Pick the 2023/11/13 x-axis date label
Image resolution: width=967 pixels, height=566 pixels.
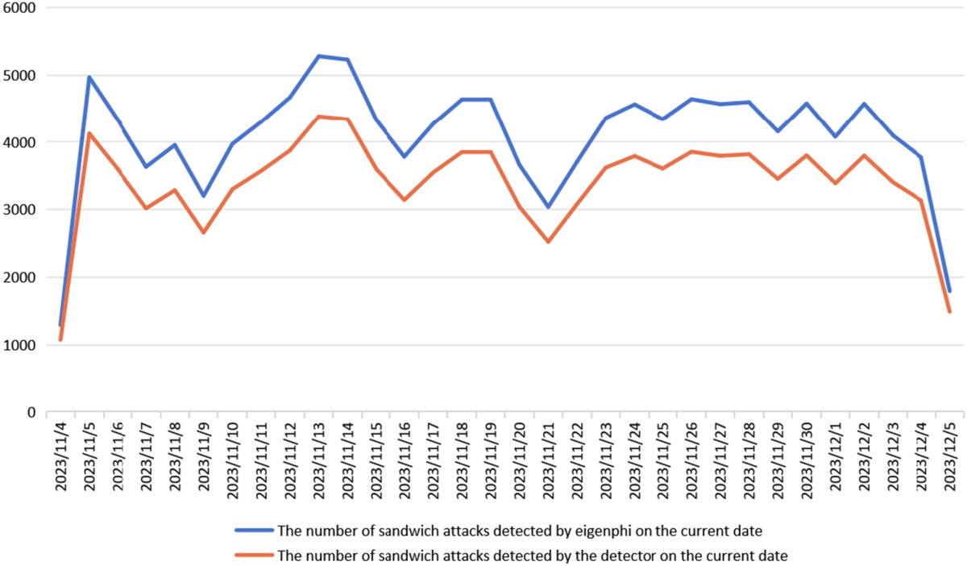click(319, 462)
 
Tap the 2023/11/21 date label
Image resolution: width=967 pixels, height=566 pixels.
click(549, 462)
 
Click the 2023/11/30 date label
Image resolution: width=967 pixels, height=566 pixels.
click(807, 462)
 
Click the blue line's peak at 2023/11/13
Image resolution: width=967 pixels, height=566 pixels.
click(319, 56)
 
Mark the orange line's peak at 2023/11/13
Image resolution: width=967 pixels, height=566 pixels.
click(319, 117)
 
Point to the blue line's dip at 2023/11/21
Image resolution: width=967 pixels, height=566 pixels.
click(549, 207)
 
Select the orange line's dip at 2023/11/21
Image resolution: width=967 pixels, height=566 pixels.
click(549, 242)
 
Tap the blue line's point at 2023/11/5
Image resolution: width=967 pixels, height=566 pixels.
click(89, 77)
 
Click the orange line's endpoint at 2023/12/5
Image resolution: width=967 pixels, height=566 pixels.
click(950, 311)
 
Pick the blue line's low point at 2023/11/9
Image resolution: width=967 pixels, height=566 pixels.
click(204, 196)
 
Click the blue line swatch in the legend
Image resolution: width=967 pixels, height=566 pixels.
click(254, 531)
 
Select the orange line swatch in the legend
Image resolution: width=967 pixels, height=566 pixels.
click(254, 556)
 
